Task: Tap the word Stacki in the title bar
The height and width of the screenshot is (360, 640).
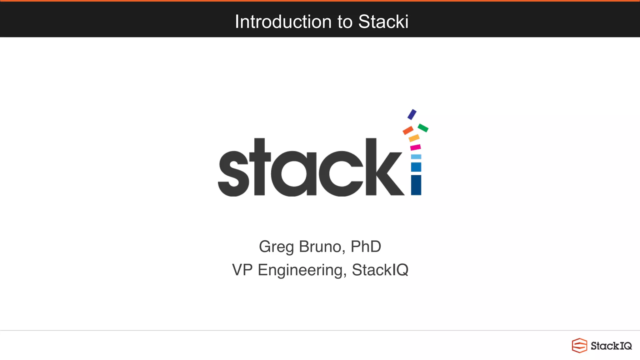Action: (383, 22)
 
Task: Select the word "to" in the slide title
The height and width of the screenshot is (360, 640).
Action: (345, 22)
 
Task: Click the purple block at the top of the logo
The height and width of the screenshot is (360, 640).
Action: (412, 114)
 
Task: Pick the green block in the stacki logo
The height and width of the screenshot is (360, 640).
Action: (423, 128)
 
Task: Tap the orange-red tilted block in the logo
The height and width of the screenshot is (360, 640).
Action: (408, 130)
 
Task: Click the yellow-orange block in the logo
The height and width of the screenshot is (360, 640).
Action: (414, 138)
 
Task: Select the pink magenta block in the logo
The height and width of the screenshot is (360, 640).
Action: (415, 147)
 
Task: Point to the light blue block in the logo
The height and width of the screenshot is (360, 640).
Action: (416, 157)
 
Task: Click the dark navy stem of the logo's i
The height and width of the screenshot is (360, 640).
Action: (416, 185)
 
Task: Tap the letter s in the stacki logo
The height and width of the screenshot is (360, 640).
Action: (233, 173)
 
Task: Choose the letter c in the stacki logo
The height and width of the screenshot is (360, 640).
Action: (341, 173)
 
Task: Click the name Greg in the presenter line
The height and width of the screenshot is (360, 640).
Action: (276, 247)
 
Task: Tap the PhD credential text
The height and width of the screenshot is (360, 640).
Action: (366, 247)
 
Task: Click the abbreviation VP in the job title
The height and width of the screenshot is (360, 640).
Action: (242, 270)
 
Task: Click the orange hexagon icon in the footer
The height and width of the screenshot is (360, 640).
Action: (579, 346)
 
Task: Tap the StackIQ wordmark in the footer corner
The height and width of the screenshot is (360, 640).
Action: (611, 346)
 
